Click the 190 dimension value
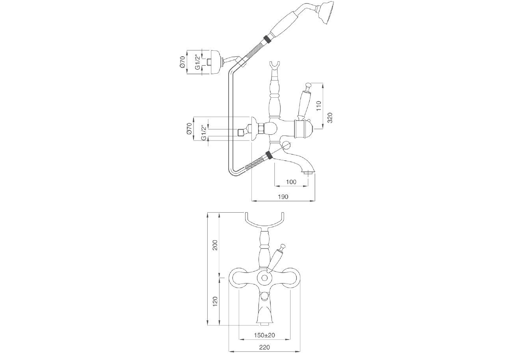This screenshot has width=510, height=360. click(x=283, y=197)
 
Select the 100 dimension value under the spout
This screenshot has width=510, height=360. click(x=291, y=182)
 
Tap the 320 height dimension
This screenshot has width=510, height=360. click(x=330, y=117)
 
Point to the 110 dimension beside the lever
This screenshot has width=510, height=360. click(x=319, y=105)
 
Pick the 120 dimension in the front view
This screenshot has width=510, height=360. click(x=215, y=301)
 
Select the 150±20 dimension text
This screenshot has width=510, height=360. click(x=264, y=335)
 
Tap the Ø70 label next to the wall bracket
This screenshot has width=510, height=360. click(x=182, y=62)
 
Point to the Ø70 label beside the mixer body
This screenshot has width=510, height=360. click(x=189, y=129)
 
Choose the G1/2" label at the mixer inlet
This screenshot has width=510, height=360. click(x=203, y=133)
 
